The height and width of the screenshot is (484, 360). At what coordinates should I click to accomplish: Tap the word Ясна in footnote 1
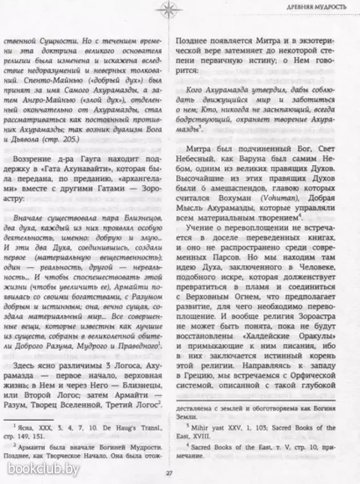point(26,423)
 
